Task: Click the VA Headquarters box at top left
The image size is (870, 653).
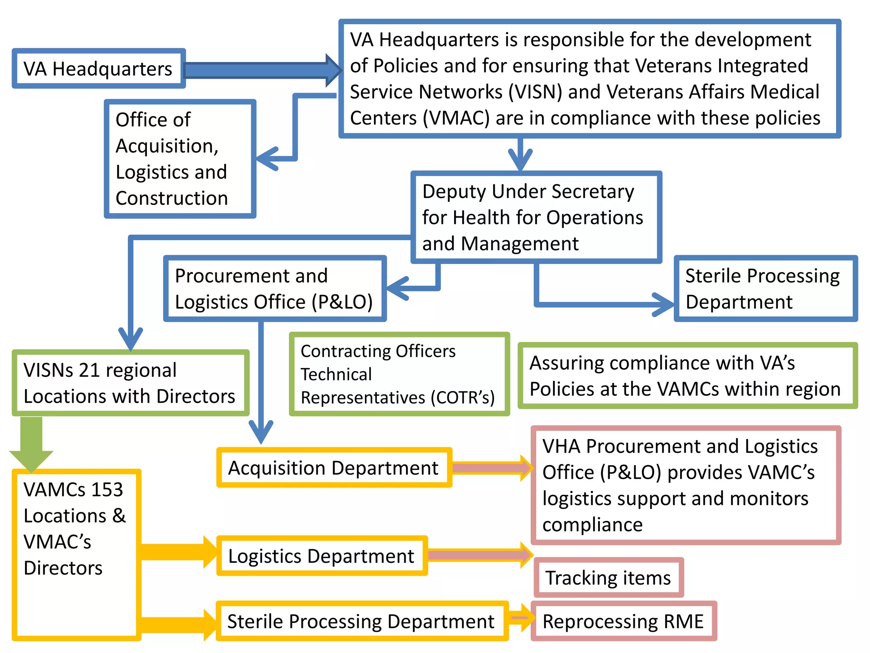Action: (x=99, y=68)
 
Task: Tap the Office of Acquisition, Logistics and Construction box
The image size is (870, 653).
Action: (x=180, y=159)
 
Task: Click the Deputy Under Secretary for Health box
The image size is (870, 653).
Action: (x=536, y=217)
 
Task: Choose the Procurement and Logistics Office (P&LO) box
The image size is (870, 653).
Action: (x=274, y=289)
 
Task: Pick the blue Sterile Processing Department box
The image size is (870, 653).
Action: (x=765, y=289)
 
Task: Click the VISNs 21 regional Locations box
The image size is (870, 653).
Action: (x=130, y=383)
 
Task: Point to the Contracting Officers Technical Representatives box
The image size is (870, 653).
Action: (x=399, y=374)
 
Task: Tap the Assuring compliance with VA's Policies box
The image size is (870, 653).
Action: (x=687, y=376)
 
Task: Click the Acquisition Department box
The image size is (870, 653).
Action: (x=334, y=468)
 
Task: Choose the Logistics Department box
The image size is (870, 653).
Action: (x=322, y=556)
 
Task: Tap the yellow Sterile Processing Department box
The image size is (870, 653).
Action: (x=362, y=621)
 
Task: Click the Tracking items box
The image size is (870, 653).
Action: (x=608, y=578)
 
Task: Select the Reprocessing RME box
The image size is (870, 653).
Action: (x=623, y=621)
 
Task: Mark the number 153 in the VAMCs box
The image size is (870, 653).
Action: (x=107, y=489)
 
